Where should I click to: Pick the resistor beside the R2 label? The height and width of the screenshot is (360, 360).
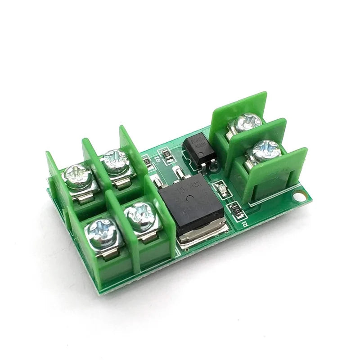point(168,156)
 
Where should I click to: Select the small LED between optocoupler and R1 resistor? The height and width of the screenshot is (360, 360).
point(221,189)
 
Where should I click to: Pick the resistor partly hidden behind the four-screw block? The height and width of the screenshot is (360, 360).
point(146,160)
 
